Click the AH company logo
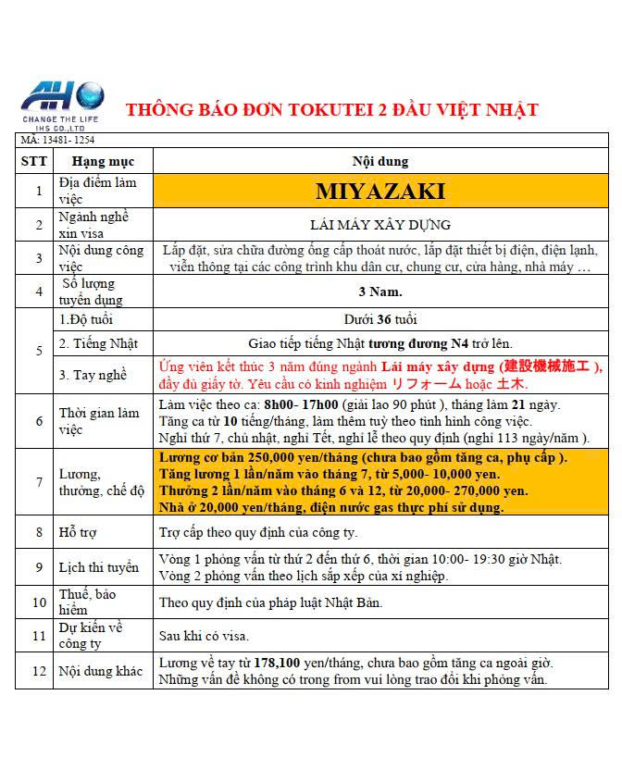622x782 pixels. coord(62,102)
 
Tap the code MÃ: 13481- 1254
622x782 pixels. coord(58,140)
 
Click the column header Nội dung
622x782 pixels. coord(379,161)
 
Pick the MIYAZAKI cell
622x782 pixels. coord(379,192)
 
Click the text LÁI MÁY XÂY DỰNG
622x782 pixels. coord(379,224)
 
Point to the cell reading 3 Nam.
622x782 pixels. coord(379,292)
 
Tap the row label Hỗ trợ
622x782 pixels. coord(80,532)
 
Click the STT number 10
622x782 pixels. coord(39,602)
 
